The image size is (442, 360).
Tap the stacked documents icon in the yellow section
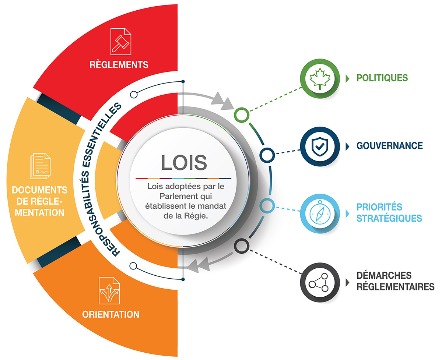(40, 166)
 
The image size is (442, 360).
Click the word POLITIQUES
(382, 78)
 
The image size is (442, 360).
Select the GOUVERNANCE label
(389, 146)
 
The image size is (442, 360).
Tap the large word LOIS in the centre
(184, 163)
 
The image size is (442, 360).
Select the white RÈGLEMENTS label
(119, 65)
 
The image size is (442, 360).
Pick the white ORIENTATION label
(110, 315)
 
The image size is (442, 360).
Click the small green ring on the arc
(241, 115)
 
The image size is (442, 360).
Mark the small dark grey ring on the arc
(241, 245)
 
